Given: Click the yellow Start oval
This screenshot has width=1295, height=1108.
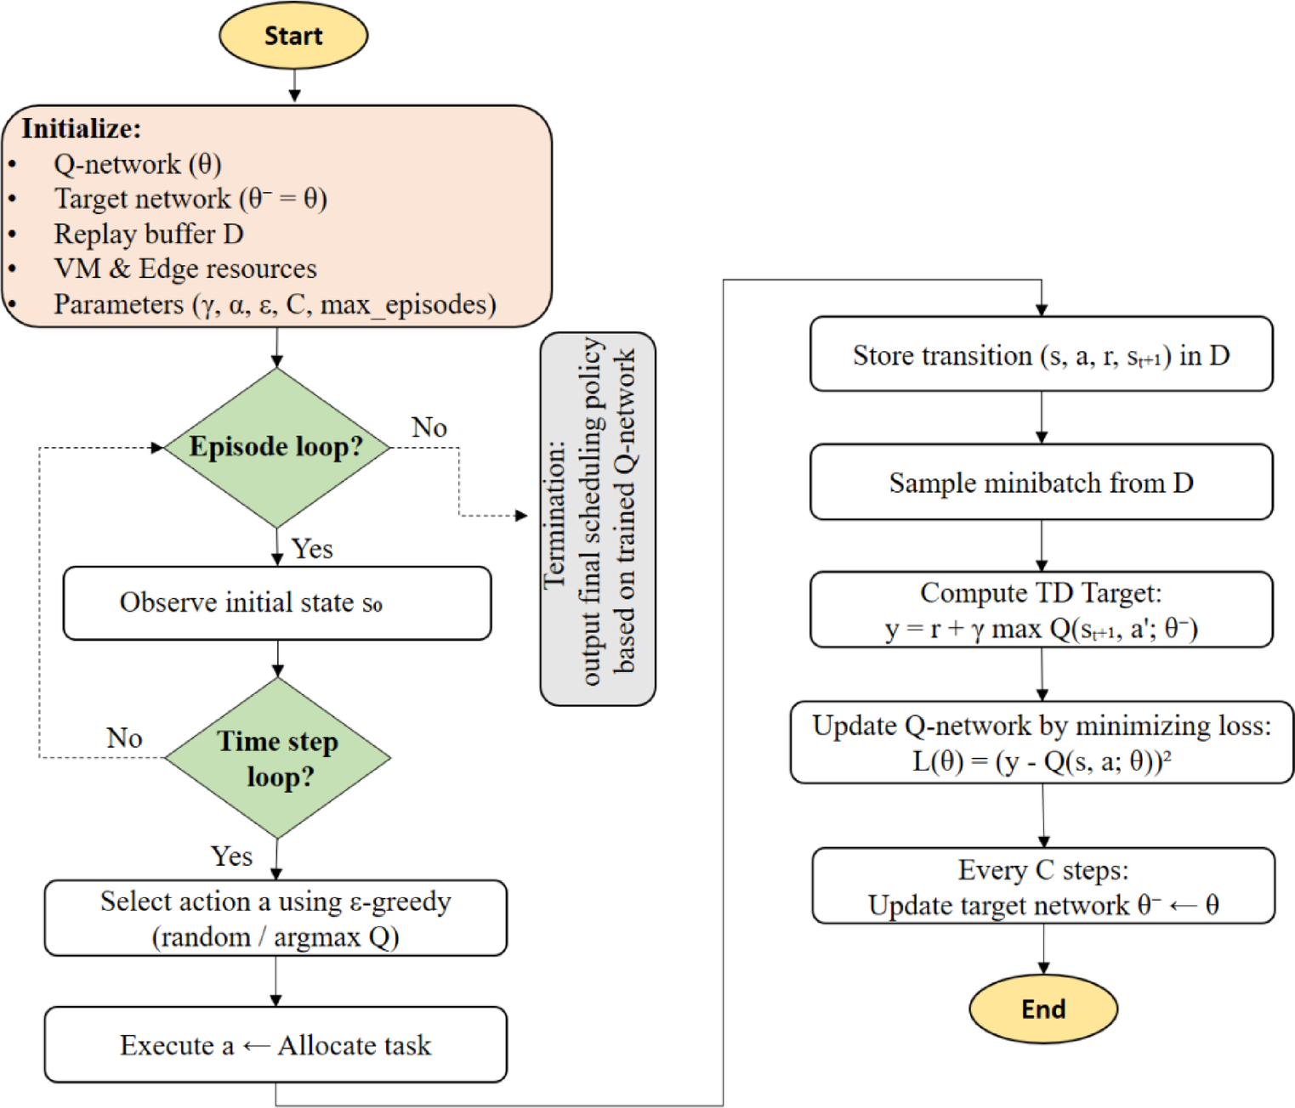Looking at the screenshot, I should [293, 36].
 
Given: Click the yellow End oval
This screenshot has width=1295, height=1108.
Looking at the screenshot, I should [1042, 1009].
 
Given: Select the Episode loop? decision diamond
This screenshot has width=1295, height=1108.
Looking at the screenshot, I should [276, 447].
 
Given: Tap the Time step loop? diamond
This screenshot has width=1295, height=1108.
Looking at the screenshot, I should [278, 758].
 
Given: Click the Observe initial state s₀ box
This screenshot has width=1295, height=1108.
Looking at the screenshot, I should [277, 602].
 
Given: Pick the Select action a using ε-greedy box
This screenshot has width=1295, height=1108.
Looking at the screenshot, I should [275, 918].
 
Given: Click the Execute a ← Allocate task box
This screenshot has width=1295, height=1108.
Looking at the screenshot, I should [275, 1044].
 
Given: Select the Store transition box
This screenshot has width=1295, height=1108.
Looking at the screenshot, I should [1041, 354].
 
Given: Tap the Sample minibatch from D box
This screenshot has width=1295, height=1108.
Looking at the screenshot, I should [1041, 482].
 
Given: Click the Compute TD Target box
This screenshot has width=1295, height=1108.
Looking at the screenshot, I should [1041, 609].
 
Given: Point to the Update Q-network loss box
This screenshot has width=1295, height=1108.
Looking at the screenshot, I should [1042, 742].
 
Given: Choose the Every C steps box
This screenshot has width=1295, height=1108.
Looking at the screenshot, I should [1043, 886].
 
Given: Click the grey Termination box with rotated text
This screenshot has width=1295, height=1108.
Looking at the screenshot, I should [598, 518].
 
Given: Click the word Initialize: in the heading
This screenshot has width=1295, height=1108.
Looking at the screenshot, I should [82, 128].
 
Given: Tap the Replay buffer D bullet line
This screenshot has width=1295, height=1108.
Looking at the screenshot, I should [149, 234].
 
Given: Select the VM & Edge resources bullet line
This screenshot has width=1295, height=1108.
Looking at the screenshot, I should [185, 269].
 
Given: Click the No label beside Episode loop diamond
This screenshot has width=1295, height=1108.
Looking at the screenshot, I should [429, 427].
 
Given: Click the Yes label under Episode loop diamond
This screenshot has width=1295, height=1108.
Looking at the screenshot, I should [312, 549].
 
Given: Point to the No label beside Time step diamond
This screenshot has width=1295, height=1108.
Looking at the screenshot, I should [124, 738].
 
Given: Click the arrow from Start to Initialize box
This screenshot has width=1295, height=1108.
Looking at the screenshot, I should [294, 86].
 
